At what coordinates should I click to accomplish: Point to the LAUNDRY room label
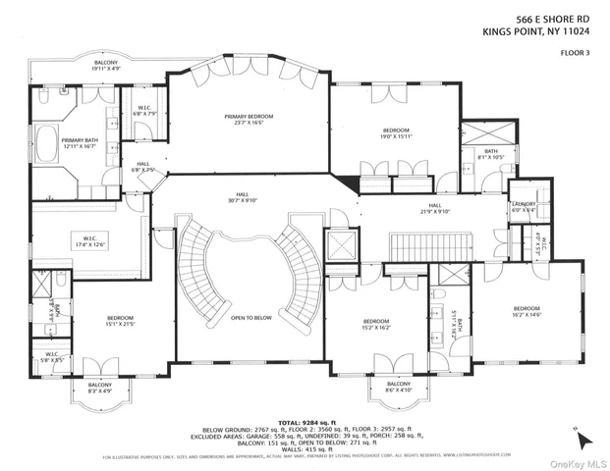(x=523, y=206)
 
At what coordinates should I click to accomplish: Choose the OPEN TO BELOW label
(x=250, y=318)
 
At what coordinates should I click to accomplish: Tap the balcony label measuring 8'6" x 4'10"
(x=398, y=387)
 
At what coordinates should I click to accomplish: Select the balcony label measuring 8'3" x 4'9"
(x=100, y=388)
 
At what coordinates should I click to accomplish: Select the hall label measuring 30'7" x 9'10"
(x=243, y=197)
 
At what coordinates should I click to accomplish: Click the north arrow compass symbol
(x=581, y=434)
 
